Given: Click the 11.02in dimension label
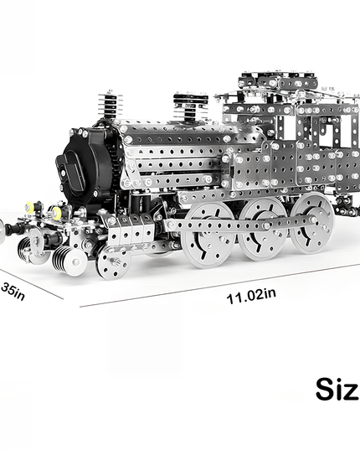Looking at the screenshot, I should pyautogui.click(x=250, y=298).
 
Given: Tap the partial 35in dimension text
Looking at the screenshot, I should pyautogui.click(x=11, y=290).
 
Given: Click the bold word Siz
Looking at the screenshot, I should pyautogui.click(x=337, y=389).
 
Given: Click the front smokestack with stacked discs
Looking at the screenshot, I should pyautogui.click(x=110, y=106).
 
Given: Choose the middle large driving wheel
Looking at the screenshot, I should pyautogui.click(x=263, y=229).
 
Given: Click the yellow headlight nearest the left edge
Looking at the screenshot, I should pyautogui.click(x=30, y=207).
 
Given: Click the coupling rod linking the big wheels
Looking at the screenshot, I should pyautogui.click(x=243, y=222).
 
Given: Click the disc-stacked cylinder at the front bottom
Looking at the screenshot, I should pyautogui.click(x=68, y=261).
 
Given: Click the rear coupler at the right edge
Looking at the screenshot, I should pyautogui.click(x=347, y=201).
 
